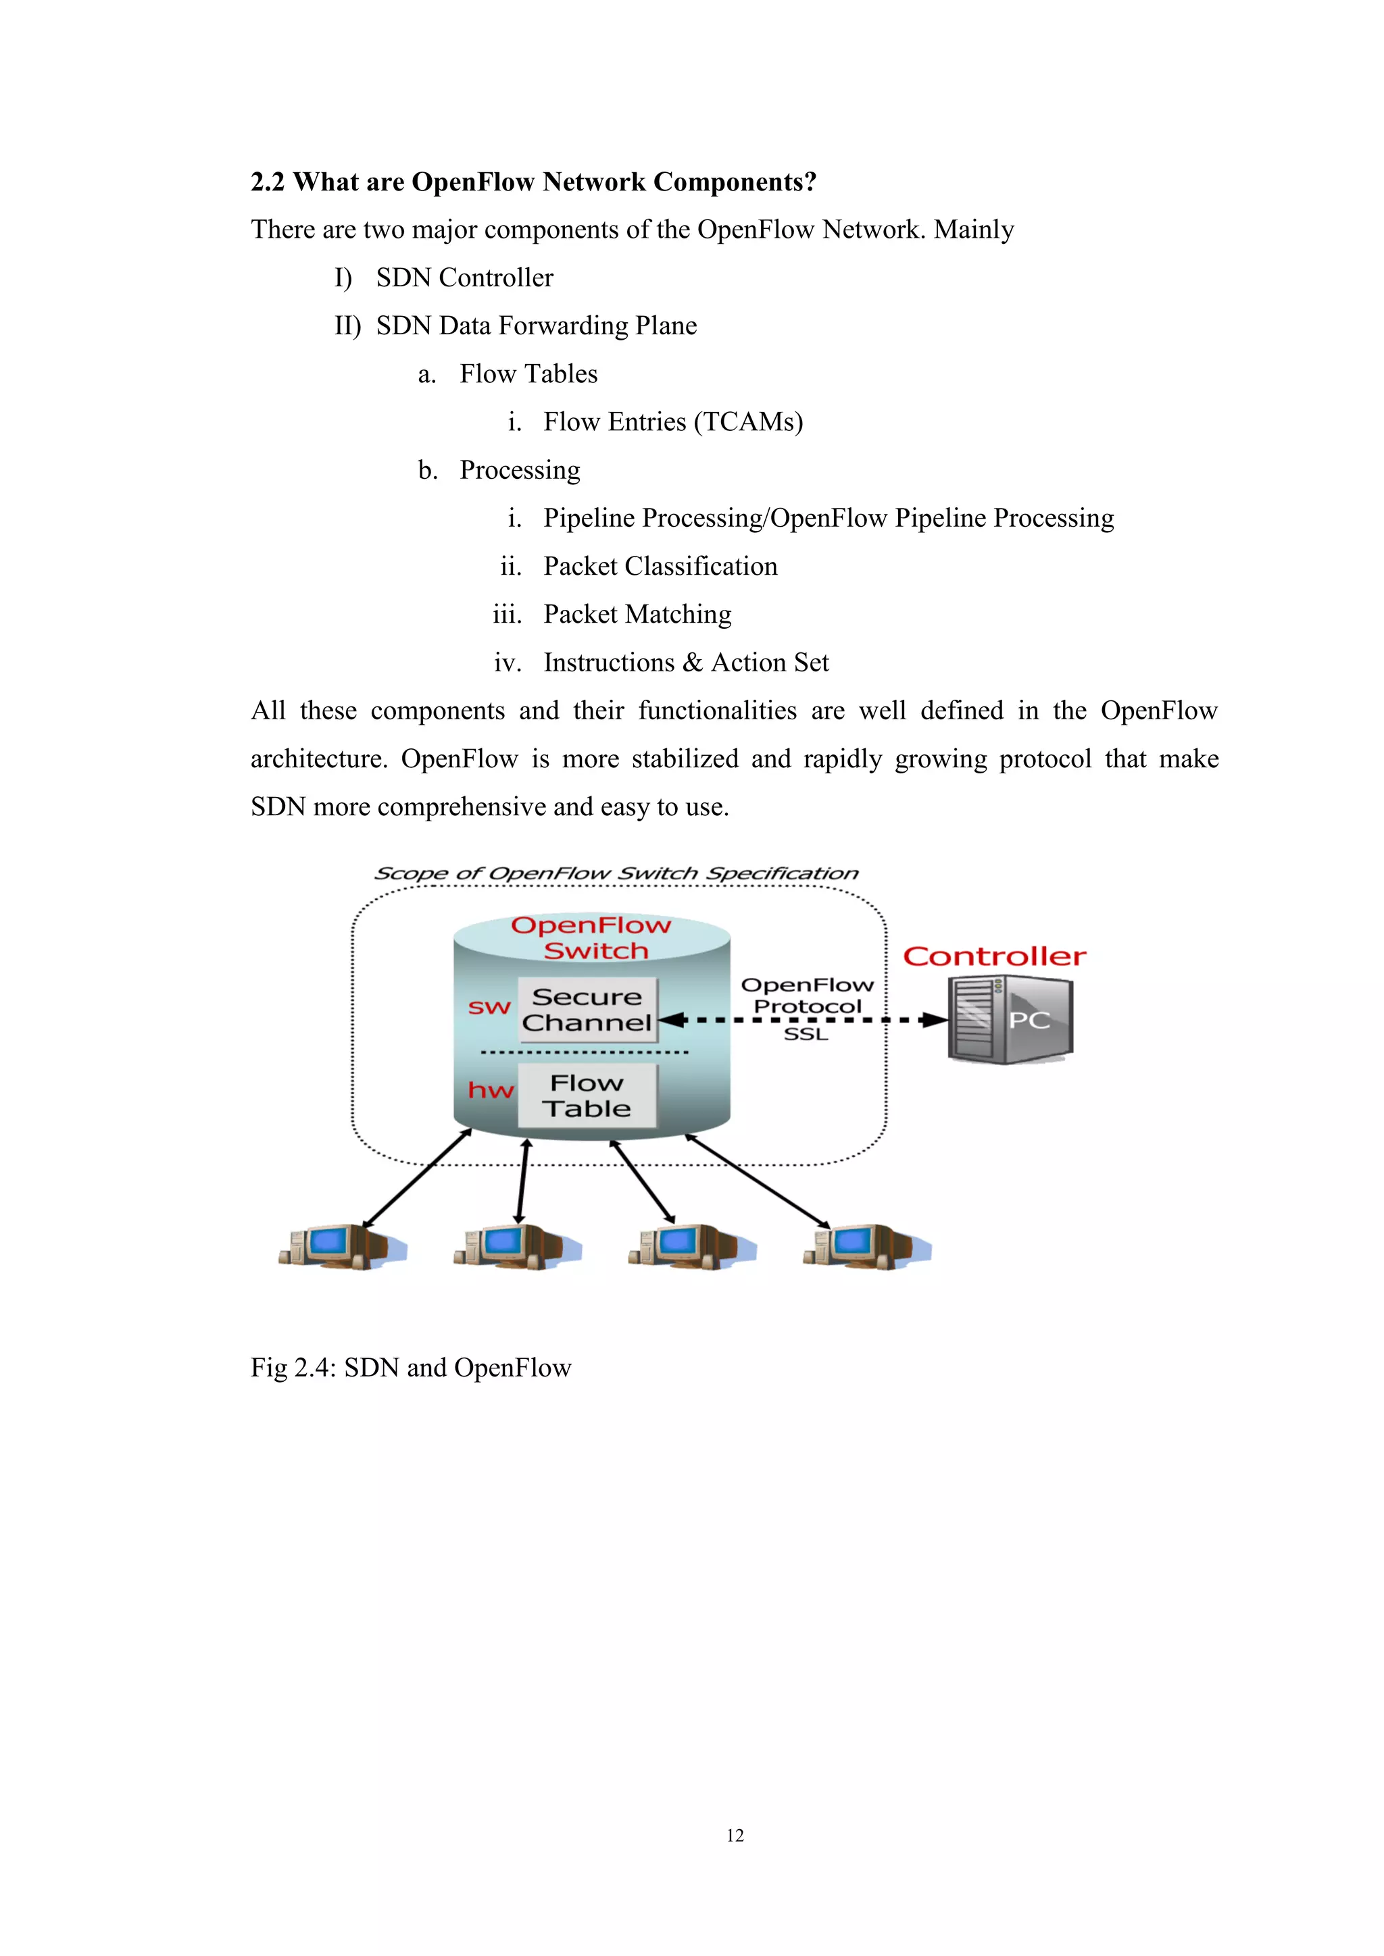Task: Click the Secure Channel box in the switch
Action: [x=587, y=1010]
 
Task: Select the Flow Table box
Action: [x=587, y=1096]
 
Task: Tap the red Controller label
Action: [x=995, y=956]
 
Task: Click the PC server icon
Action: [x=1011, y=1020]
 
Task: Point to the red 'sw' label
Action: [x=489, y=1008]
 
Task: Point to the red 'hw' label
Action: [x=491, y=1090]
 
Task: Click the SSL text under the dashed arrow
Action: [x=806, y=1034]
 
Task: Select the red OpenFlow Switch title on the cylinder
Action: [x=592, y=938]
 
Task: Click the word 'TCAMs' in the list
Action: [x=748, y=421]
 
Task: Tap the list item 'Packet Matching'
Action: [x=637, y=614]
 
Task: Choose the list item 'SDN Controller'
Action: [x=464, y=278]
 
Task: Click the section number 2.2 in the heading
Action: [x=267, y=182]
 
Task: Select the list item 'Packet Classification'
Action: [x=660, y=567]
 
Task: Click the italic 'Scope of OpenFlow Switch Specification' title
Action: [x=616, y=873]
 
